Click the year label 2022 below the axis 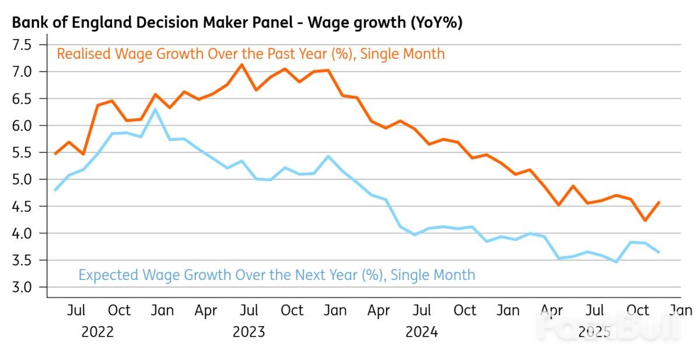97,333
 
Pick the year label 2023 249,333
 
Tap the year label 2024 422,333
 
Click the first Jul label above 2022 76,310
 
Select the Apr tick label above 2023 206,310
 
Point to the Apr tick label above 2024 379,310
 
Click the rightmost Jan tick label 680,310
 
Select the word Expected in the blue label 107,274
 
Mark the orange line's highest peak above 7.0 242,65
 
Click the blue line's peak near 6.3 155,109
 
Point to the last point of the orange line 659,202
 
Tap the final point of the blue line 659,252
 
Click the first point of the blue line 55,190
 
